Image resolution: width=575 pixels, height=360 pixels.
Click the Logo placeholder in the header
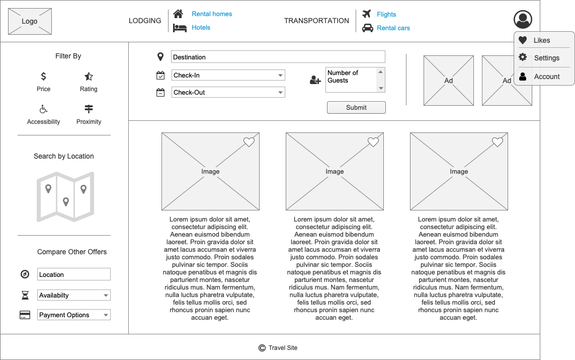click(x=30, y=21)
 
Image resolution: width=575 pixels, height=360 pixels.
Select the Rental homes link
click(x=212, y=14)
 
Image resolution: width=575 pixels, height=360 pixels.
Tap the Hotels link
click(x=201, y=28)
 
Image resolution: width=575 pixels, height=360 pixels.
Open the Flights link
click(x=386, y=15)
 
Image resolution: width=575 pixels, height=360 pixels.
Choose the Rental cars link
click(x=393, y=28)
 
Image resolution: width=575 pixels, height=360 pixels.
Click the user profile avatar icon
click(x=523, y=20)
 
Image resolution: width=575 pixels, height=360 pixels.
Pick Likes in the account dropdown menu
click(x=541, y=40)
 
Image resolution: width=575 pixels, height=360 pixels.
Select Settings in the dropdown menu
click(x=546, y=58)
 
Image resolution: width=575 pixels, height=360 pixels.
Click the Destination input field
click(x=278, y=57)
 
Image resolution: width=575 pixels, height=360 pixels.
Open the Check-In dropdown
click(x=228, y=76)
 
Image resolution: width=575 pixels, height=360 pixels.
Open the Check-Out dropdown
click(x=228, y=93)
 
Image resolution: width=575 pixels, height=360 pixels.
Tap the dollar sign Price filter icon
click(x=44, y=77)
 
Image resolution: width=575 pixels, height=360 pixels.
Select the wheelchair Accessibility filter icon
click(x=44, y=109)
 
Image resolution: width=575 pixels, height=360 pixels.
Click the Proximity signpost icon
click(x=89, y=109)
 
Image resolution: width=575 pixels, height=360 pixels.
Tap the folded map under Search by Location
click(x=65, y=197)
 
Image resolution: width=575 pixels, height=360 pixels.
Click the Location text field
click(x=74, y=274)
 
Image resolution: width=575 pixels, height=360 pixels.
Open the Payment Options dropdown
click(x=74, y=315)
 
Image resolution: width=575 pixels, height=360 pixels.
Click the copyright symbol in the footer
click(x=262, y=348)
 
